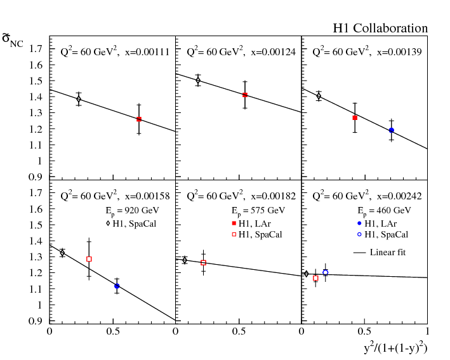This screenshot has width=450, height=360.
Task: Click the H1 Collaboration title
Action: click(x=380, y=29)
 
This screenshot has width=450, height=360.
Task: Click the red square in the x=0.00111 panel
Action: click(x=139, y=119)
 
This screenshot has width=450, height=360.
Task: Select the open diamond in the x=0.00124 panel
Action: click(x=198, y=80)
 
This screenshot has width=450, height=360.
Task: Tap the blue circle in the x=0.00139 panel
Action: click(x=392, y=130)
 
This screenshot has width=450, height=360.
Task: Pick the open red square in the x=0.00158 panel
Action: click(x=89, y=259)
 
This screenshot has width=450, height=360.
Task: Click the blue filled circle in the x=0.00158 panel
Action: click(x=117, y=286)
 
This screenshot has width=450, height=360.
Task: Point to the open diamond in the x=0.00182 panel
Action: click(x=185, y=260)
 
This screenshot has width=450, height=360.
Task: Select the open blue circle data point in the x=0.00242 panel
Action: click(x=326, y=272)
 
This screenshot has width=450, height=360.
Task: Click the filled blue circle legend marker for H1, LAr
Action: click(x=359, y=223)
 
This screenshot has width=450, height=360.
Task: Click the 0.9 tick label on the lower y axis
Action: click(x=36, y=321)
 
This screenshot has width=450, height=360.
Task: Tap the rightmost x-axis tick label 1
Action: click(x=427, y=331)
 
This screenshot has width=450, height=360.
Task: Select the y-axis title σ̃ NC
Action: click(x=13, y=42)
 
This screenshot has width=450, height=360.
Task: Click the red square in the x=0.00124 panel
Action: click(x=245, y=95)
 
